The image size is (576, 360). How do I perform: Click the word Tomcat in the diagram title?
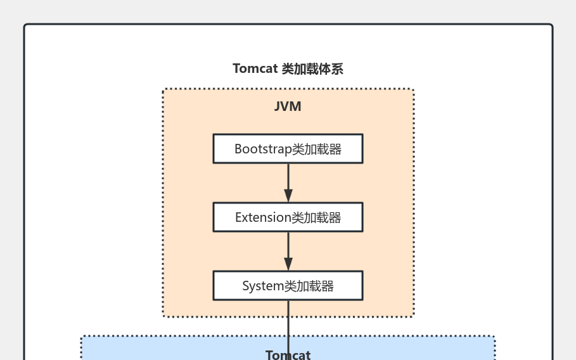click(255, 69)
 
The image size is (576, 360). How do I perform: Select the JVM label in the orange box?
click(288, 106)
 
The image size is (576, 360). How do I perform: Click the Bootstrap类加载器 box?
click(288, 149)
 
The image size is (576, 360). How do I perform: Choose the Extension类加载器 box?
click(288, 217)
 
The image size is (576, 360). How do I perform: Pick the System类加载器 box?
click(288, 286)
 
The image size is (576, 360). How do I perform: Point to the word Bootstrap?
click(263, 150)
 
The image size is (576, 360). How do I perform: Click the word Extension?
click(263, 218)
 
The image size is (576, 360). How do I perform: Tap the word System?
click(263, 286)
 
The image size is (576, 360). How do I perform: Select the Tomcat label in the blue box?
click(288, 355)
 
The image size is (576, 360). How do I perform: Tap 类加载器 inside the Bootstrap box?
click(317, 150)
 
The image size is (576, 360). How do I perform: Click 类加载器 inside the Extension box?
click(316, 218)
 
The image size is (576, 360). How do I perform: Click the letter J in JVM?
click(278, 106)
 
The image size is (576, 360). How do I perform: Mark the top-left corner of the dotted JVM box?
click(163, 89)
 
